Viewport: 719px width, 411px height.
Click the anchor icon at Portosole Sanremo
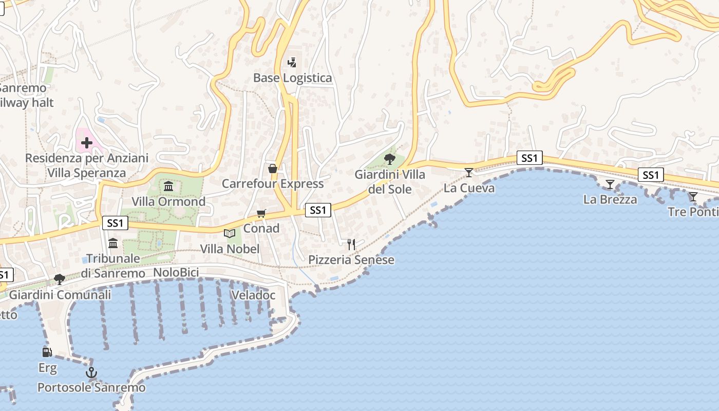tap(91, 372)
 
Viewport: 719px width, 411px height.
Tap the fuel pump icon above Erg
tap(47, 352)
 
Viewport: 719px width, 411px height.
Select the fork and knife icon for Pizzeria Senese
tap(351, 245)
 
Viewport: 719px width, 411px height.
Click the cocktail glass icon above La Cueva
tap(468, 172)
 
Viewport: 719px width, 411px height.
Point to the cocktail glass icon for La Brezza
tap(610, 184)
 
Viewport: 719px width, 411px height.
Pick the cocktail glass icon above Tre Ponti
tap(693, 197)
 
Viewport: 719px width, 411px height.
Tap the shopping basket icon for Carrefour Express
tap(273, 169)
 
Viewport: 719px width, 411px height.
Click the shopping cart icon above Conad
tap(261, 213)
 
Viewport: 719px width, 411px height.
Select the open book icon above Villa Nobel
tap(230, 234)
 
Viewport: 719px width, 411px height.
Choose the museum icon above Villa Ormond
tap(168, 186)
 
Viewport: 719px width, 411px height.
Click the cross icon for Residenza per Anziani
tap(86, 143)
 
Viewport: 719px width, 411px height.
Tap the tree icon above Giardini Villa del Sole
tap(390, 159)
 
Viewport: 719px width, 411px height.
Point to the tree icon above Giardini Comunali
tap(60, 279)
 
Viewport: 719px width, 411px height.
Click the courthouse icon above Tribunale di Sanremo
tap(113, 243)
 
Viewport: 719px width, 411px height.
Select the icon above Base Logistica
tap(292, 63)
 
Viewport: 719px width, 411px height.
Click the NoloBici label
tap(176, 273)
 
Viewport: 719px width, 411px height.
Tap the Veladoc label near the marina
tap(253, 295)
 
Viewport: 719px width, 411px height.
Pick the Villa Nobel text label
tap(230, 249)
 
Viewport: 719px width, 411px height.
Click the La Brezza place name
tap(610, 200)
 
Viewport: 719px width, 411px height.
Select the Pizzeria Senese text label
tap(351, 260)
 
